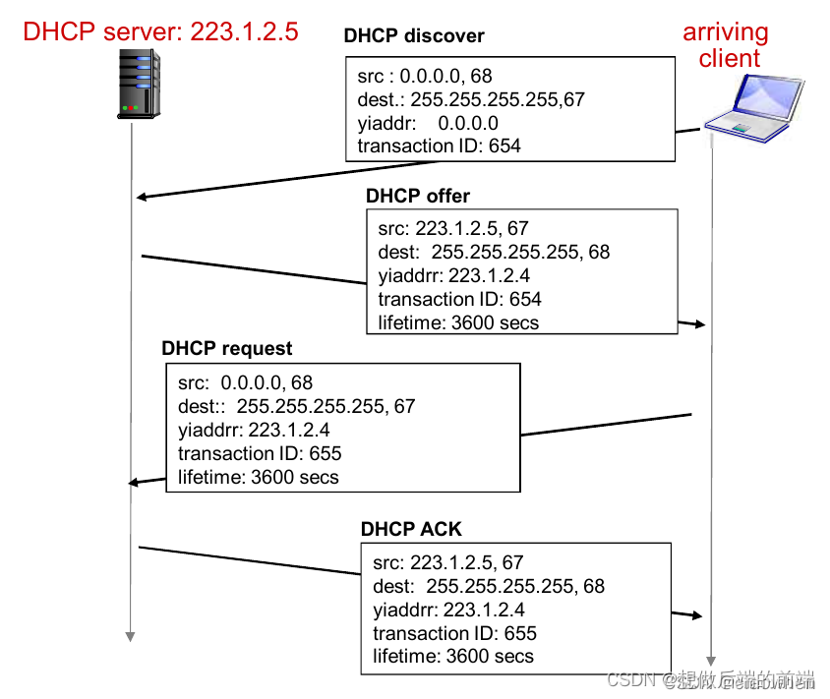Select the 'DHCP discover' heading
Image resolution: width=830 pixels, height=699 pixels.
414,36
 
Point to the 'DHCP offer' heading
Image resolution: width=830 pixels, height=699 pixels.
418,196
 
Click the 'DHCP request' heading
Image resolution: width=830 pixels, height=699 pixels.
227,349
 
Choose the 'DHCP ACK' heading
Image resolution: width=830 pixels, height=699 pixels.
411,529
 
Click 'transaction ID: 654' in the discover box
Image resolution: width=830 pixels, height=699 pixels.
439,146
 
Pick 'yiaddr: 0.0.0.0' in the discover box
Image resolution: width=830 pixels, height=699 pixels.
428,123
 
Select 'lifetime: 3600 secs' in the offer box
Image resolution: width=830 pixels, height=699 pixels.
458,322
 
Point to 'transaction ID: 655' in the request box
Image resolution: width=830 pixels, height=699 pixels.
260,453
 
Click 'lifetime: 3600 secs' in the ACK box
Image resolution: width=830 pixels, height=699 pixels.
453,657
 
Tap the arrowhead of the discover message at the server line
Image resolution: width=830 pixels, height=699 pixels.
142,197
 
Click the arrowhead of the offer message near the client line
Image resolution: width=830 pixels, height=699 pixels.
700,323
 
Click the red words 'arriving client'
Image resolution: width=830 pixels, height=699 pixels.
728,44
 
